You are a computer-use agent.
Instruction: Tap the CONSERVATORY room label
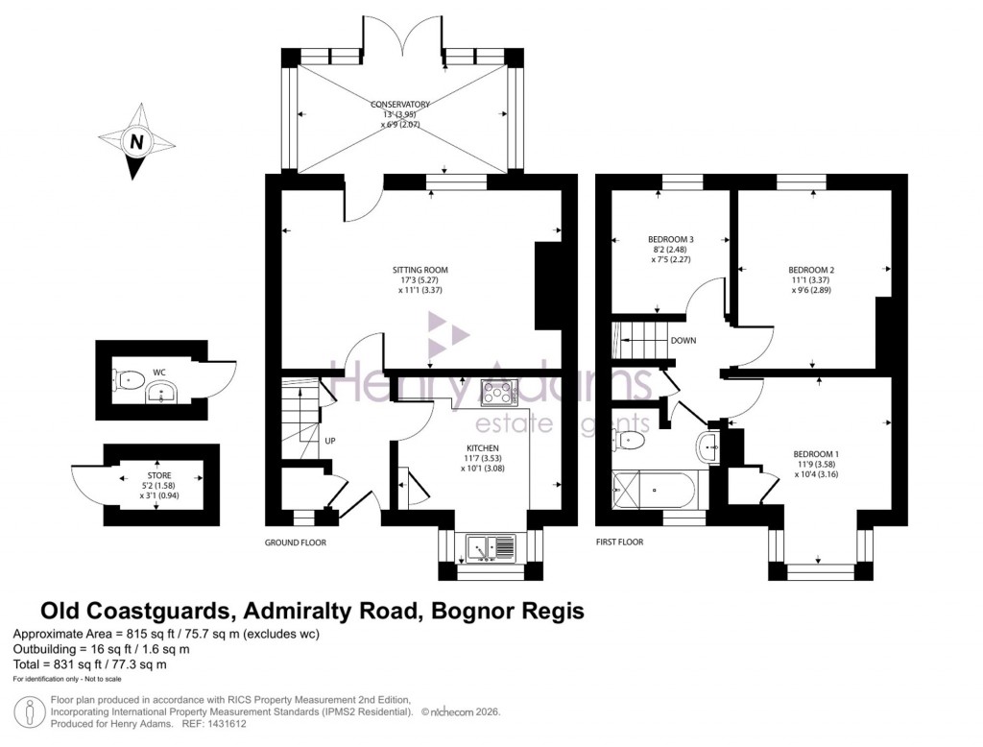pyautogui.click(x=402, y=104)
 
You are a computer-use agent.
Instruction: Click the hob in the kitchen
pyautogui.click(x=499, y=393)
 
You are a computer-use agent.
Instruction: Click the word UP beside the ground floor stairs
pyautogui.click(x=330, y=442)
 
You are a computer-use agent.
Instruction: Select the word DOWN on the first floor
pyautogui.click(x=683, y=341)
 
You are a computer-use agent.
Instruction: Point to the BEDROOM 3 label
pyautogui.click(x=672, y=239)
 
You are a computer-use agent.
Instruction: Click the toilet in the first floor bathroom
pyautogui.click(x=630, y=440)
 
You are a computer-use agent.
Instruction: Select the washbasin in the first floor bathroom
pyautogui.click(x=707, y=445)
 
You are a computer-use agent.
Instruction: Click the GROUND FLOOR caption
pyautogui.click(x=296, y=542)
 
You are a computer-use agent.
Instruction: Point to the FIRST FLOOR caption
pyautogui.click(x=620, y=542)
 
